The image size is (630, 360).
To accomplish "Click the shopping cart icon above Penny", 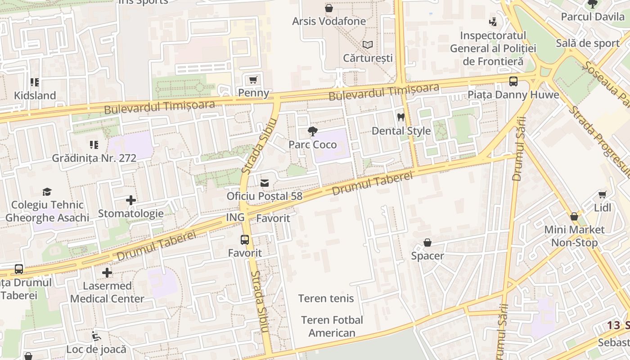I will pyautogui.click(x=253, y=80).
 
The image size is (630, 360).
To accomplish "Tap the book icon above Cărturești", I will pyautogui.click(x=368, y=45).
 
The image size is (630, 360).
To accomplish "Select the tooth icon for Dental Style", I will pyautogui.click(x=401, y=117).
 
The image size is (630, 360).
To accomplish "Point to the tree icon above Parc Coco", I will pyautogui.click(x=312, y=131).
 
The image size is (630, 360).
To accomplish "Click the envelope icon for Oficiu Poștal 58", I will pyautogui.click(x=265, y=183).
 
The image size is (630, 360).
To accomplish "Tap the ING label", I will pyautogui.click(x=235, y=217).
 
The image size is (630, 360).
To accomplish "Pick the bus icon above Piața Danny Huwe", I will pyautogui.click(x=513, y=81).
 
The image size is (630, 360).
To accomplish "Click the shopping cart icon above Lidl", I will pyautogui.click(x=602, y=194).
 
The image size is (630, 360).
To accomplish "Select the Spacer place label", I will pyautogui.click(x=427, y=256).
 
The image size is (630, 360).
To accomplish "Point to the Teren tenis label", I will pyautogui.click(x=326, y=298).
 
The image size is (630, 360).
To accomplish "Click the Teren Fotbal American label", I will pyautogui.click(x=332, y=326).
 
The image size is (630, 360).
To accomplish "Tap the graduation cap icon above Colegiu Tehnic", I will pyautogui.click(x=47, y=192).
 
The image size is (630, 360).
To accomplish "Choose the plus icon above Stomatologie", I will pyautogui.click(x=130, y=200).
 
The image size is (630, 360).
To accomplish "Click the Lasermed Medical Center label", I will pyautogui.click(x=107, y=292).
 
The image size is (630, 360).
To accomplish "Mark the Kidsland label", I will pyautogui.click(x=35, y=95).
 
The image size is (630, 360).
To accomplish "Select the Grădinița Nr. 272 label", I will pyautogui.click(x=94, y=158).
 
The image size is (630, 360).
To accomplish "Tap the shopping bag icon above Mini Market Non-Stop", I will pyautogui.click(x=574, y=216).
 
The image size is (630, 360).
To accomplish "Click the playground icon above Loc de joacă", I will pyautogui.click(x=96, y=336).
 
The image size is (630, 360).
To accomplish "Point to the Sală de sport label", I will pyautogui.click(x=588, y=43).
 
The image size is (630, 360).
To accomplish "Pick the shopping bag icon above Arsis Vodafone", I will pyautogui.click(x=329, y=8).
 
